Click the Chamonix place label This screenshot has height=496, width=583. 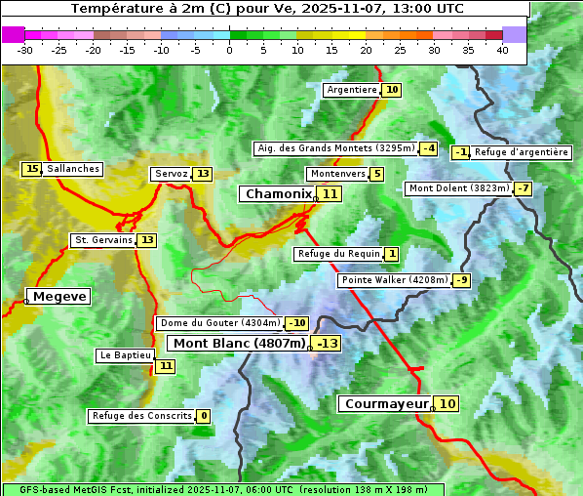pos(278,194)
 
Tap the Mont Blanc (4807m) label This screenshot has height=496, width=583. pos(240,344)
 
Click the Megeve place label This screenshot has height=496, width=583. pos(59,297)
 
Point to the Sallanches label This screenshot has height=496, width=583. pos(73,169)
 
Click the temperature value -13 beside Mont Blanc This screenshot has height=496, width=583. pos(327,344)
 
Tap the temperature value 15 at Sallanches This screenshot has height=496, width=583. pos(32,169)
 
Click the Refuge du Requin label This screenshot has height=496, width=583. pos(338,254)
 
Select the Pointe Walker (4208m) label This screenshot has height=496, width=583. pos(394,280)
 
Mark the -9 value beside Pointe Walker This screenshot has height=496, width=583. pos(461,280)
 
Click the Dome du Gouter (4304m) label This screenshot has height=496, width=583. pos(220,323)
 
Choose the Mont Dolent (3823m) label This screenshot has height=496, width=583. pos(459,188)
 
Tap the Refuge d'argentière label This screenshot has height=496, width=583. pos(522,152)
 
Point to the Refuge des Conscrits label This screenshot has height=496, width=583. pos(141,416)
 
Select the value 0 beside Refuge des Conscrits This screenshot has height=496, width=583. pos(203,416)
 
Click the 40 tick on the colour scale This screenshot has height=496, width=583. pos(502,49)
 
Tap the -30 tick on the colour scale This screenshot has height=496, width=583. pos(25,49)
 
